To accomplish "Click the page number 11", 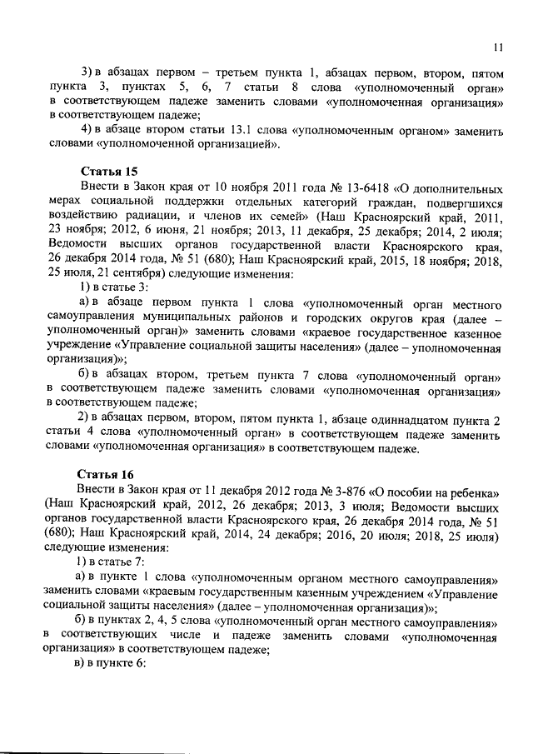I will click(497, 46).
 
